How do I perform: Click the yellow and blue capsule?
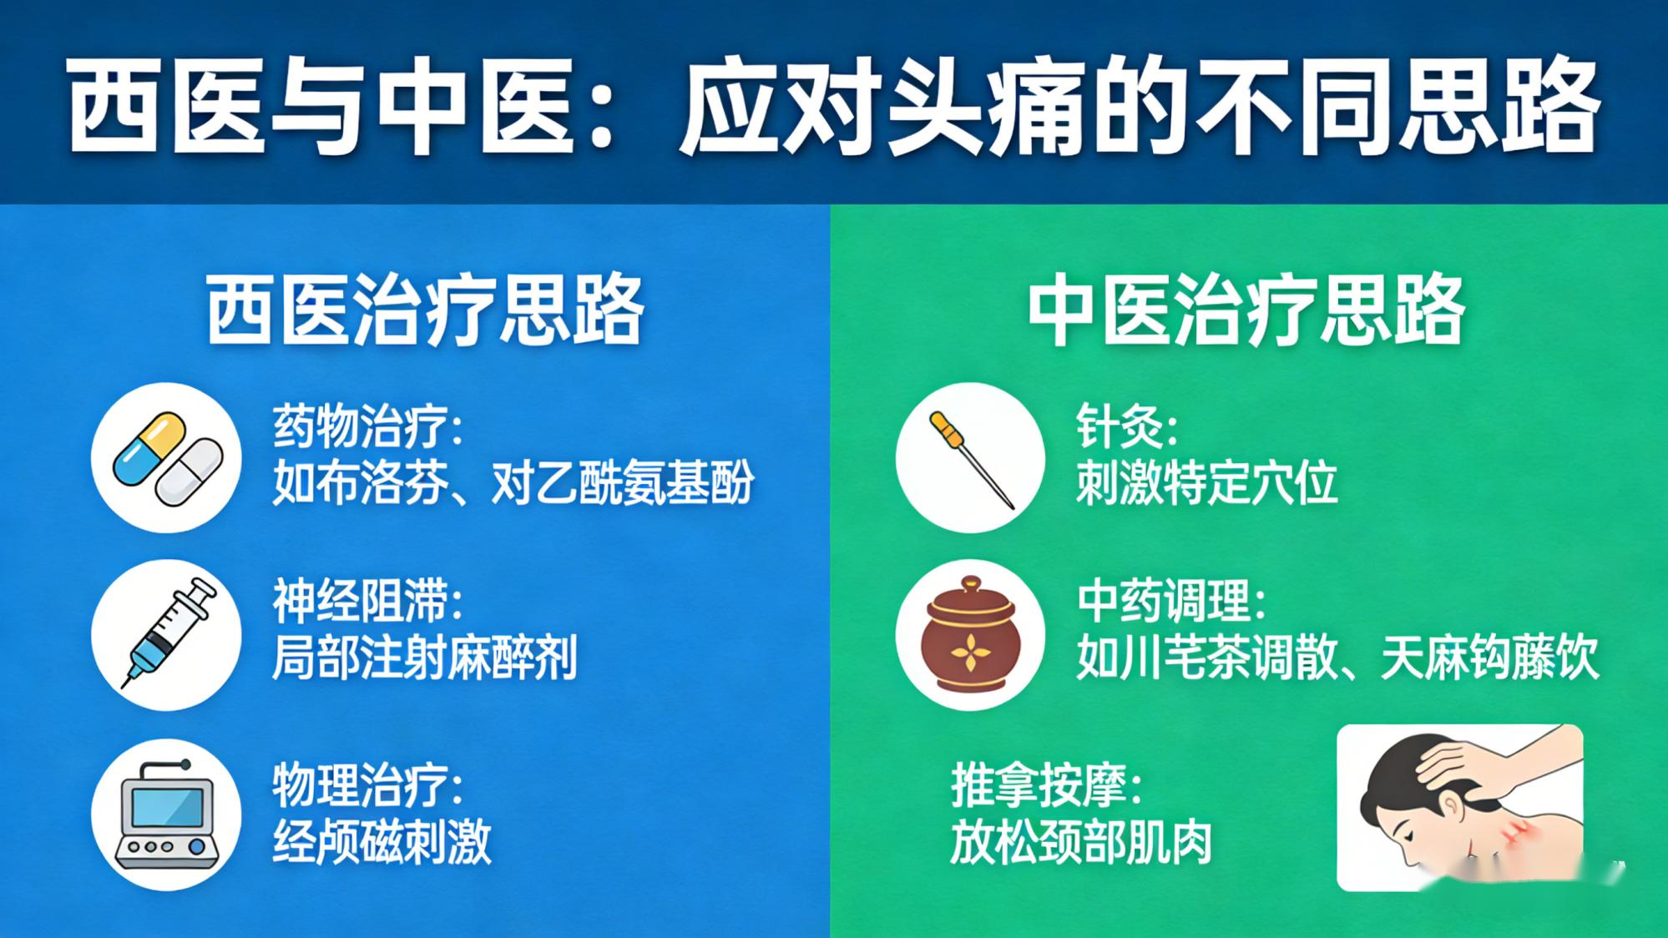pos(149,448)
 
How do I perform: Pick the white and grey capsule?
pos(190,473)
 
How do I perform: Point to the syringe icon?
pos(167,634)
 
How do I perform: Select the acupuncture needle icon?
pos(970,458)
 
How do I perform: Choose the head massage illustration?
pos(1459,807)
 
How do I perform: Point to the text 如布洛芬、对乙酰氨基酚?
pos(513,482)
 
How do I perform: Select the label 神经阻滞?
pos(367,602)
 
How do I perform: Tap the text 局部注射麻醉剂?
pos(424,658)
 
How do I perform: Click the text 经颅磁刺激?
pos(382,841)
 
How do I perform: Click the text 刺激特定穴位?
pos(1206,482)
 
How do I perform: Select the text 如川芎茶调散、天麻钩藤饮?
pos(1337,658)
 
